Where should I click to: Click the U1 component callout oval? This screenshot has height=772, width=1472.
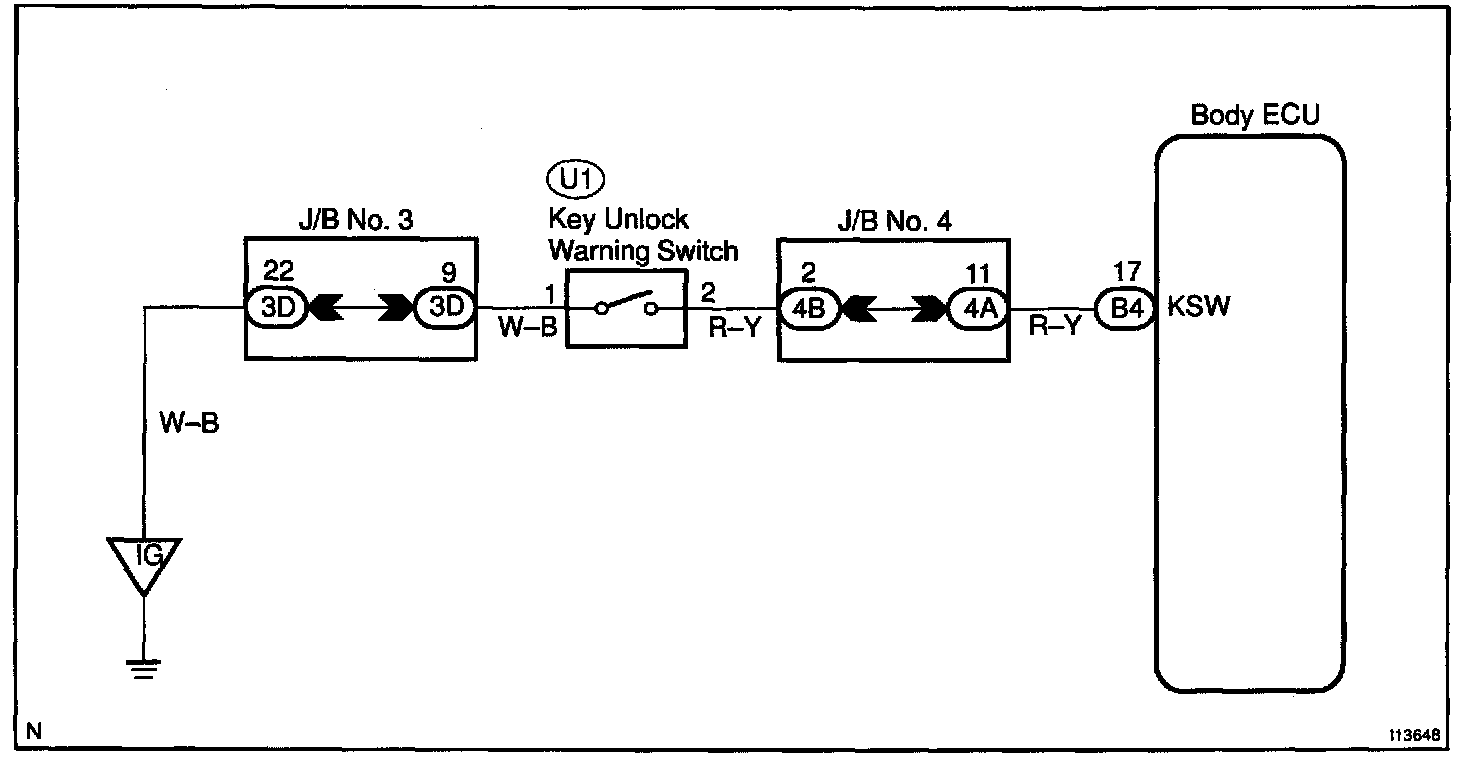577,180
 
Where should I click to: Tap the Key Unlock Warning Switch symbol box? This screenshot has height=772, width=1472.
627,308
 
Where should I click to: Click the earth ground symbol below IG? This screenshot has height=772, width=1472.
145,666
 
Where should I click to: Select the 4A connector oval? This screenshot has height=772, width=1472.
977,307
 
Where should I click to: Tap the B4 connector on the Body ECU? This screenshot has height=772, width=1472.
1125,307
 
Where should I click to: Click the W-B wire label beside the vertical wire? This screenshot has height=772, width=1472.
188,423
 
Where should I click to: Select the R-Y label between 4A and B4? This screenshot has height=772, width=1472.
1054,328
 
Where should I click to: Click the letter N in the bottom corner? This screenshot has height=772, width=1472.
35,731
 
